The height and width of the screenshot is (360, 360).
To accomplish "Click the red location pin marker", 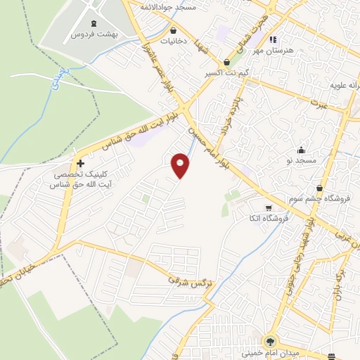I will (x=181, y=165).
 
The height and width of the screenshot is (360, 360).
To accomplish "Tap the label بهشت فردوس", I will (x=96, y=33).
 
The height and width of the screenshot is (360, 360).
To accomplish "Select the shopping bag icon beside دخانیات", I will (x=174, y=30).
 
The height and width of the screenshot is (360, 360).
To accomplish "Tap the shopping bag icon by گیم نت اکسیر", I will (x=226, y=63).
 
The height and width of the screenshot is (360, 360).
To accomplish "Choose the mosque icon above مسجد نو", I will (x=302, y=149).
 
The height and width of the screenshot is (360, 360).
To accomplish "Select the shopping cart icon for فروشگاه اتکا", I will (x=269, y=207).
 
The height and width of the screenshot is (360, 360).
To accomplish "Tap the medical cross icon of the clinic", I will (x=82, y=163).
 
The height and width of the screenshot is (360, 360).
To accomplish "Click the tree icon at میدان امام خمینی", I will (x=271, y=342).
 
